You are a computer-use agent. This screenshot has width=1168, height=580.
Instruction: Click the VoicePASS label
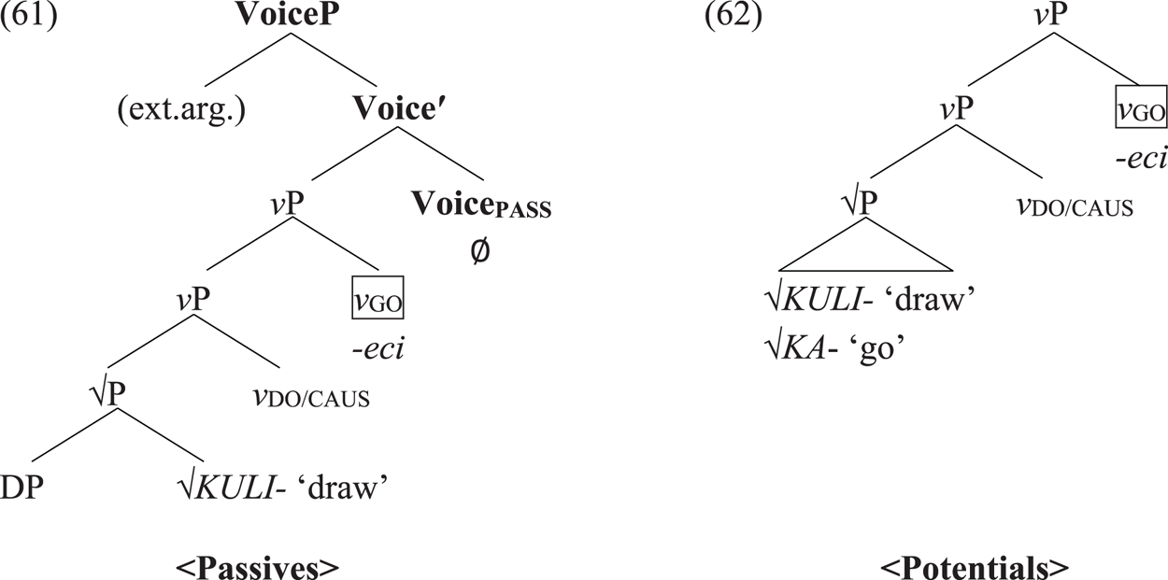(x=481, y=207)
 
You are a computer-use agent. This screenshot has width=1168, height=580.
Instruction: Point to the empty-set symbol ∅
(x=480, y=251)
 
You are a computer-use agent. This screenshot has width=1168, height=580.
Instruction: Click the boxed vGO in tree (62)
(x=1141, y=111)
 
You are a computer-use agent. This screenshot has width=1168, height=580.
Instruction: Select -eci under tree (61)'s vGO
(x=377, y=348)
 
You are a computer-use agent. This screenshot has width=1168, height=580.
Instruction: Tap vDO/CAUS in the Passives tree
(x=309, y=398)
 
